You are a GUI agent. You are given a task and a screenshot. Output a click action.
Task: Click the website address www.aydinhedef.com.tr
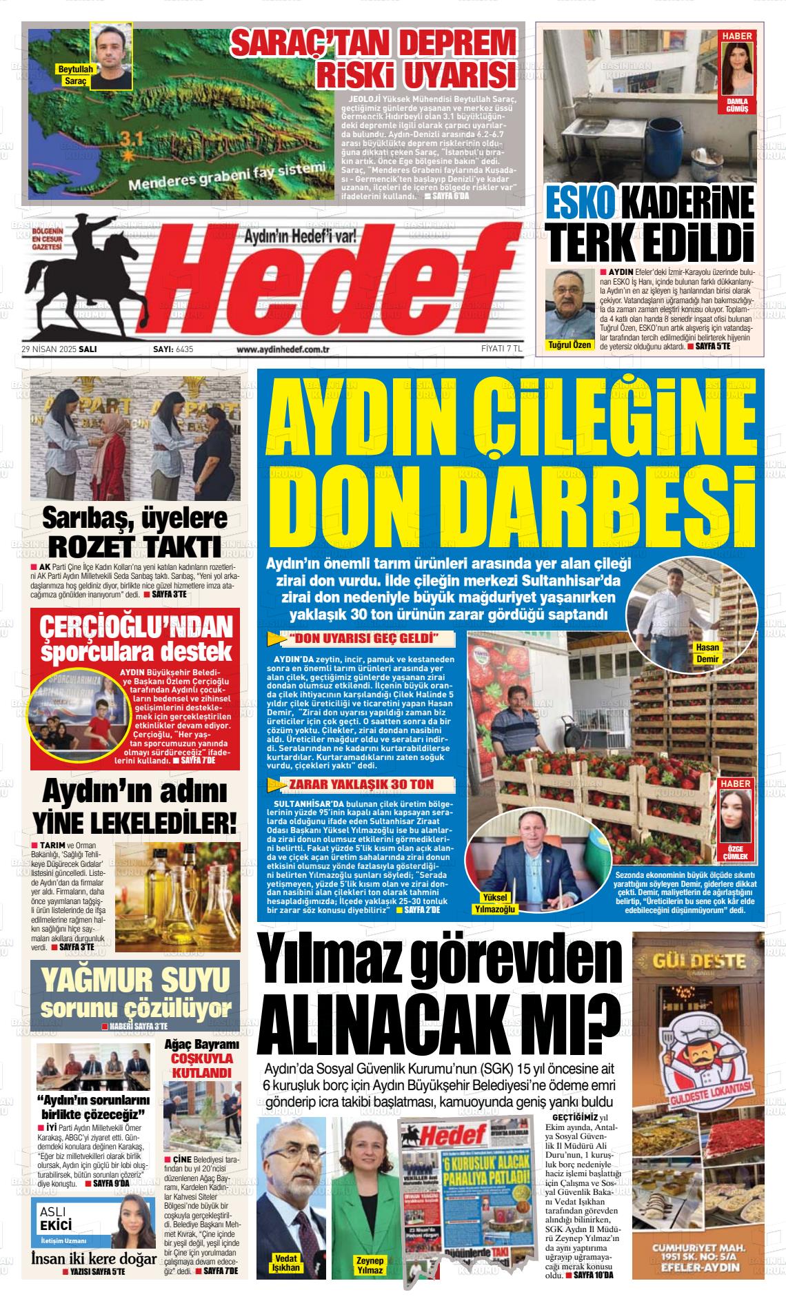point(283,349)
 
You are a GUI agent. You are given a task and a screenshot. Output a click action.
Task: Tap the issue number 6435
point(185,349)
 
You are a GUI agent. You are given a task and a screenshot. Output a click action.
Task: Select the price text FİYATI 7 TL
point(501,349)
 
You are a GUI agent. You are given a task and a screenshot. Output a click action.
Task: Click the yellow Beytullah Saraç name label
point(74,75)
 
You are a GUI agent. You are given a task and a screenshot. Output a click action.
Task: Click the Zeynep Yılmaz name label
point(369,1264)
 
